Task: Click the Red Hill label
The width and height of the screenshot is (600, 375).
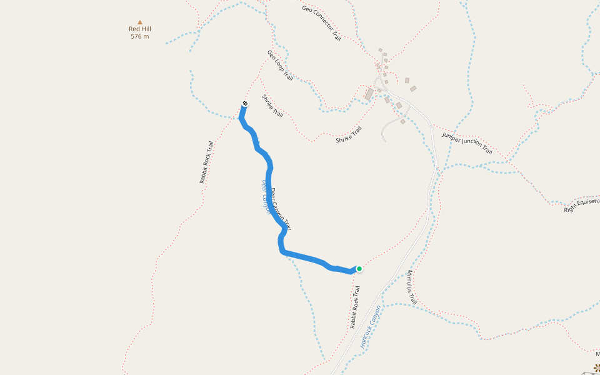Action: click(140, 29)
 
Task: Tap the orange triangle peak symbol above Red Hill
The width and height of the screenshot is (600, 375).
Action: click(140, 22)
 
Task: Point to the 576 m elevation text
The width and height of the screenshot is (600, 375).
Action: click(140, 36)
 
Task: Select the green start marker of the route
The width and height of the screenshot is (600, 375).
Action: click(359, 269)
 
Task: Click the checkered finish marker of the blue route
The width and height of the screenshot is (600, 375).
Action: click(244, 104)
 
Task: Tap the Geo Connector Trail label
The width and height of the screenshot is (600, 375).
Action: click(321, 23)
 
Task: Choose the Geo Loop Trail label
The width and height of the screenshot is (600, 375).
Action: click(280, 65)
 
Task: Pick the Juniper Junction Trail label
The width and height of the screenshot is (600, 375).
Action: click(467, 143)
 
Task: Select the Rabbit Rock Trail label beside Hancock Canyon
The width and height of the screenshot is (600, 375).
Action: click(355, 307)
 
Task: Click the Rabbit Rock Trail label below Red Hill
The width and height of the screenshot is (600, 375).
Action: click(207, 162)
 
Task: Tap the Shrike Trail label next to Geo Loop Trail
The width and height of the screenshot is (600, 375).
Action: click(272, 106)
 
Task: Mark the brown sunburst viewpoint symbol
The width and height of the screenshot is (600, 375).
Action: click(597, 368)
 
